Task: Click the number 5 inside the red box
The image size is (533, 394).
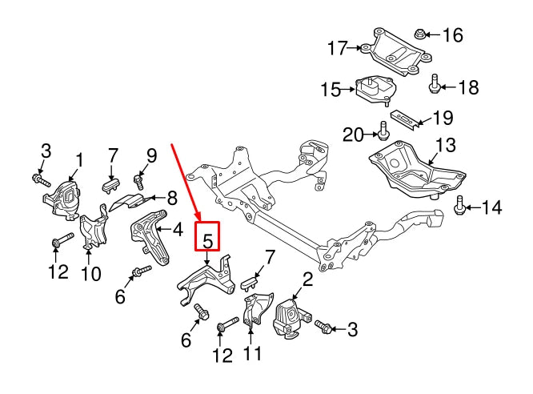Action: [207, 239]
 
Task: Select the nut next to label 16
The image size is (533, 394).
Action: [420, 34]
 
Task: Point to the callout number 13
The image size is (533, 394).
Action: [445, 146]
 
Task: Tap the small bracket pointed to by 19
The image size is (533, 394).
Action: [405, 118]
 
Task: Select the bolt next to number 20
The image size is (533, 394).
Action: [383, 130]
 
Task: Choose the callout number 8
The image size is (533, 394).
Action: [172, 197]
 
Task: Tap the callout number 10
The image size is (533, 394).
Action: [90, 274]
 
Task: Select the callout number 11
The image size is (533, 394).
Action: [251, 352]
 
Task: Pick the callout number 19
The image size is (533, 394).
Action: [442, 119]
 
